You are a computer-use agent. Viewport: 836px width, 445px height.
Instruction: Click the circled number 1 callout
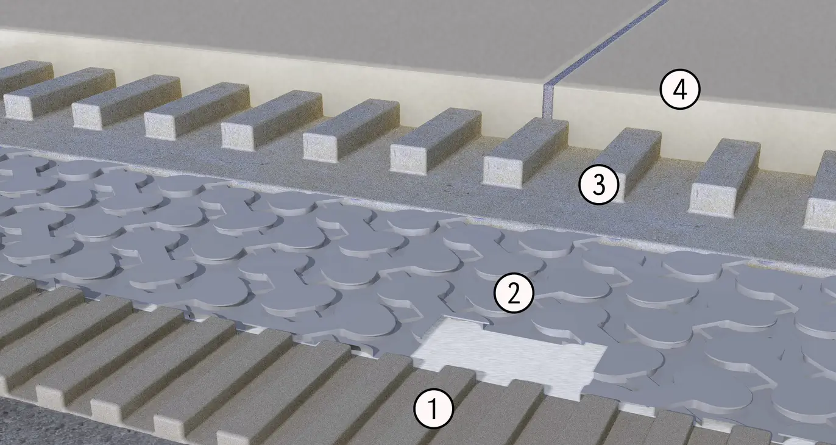tap(433, 408)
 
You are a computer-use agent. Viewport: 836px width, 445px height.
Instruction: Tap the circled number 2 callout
tap(514, 293)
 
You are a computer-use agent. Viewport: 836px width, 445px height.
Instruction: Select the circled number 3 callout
tap(598, 185)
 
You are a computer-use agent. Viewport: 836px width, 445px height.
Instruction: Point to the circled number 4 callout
tap(680, 89)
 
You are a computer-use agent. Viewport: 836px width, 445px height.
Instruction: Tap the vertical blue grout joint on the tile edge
tap(548, 101)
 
